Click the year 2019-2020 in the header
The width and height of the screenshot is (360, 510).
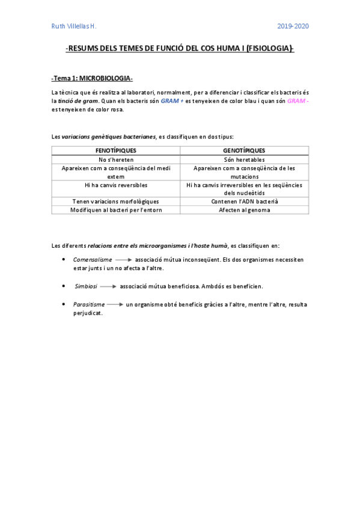click(x=293, y=26)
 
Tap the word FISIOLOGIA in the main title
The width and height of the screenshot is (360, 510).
click(x=269, y=51)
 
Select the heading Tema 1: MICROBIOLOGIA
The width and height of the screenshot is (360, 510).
click(x=92, y=79)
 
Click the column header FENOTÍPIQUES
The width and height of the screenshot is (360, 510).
click(x=116, y=150)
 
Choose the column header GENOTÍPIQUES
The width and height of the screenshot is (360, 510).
click(x=244, y=150)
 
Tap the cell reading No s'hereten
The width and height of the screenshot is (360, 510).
click(x=116, y=159)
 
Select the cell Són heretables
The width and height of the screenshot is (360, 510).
click(x=244, y=159)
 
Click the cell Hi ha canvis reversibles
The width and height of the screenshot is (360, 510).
click(x=116, y=185)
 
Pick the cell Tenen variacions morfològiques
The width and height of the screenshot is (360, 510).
click(x=116, y=201)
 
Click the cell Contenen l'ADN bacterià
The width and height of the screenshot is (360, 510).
click(x=244, y=201)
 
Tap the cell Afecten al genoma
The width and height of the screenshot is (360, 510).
click(x=244, y=210)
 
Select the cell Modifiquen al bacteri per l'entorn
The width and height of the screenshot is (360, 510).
click(x=116, y=210)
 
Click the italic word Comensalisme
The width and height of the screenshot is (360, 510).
click(x=93, y=259)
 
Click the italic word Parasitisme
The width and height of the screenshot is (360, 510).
click(x=89, y=304)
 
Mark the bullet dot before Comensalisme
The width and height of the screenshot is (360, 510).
click(x=64, y=259)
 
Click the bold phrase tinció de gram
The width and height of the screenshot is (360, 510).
click(x=78, y=101)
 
